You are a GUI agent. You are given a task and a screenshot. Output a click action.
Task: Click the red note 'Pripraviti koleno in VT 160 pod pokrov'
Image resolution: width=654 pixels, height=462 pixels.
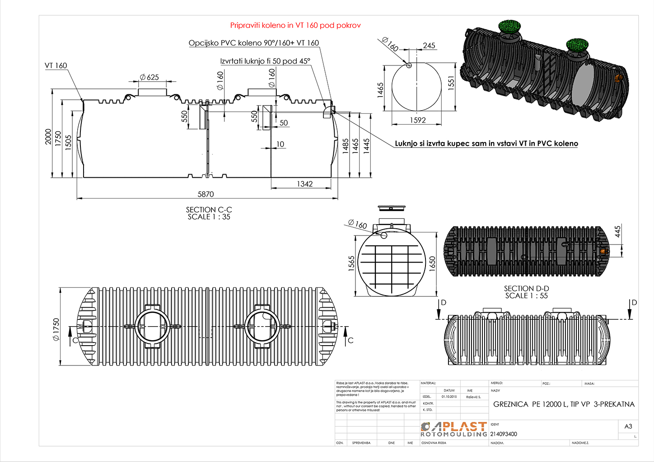tap(295, 25)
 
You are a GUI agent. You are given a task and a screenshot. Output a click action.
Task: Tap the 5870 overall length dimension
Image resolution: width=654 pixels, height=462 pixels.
tap(206, 194)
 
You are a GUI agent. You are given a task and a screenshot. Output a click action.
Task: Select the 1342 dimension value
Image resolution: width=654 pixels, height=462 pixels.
tap(305, 184)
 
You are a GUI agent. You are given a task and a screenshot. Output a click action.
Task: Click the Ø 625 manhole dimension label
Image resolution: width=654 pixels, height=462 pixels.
tap(149, 77)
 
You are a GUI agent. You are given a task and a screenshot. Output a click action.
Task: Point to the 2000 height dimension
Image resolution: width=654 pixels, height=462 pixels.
tap(48, 137)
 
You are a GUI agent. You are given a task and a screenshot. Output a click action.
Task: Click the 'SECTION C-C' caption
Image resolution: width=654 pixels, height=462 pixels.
tap(209, 210)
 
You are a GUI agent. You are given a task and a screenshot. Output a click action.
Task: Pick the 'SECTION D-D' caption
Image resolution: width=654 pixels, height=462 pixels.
tap(526, 288)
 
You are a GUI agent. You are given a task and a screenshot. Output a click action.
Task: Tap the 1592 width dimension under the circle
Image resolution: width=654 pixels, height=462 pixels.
tap(418, 120)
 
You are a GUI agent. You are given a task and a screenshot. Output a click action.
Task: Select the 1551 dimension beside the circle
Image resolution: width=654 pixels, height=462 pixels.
tap(451, 83)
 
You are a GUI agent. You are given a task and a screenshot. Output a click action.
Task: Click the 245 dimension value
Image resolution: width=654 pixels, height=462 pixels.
tap(429, 46)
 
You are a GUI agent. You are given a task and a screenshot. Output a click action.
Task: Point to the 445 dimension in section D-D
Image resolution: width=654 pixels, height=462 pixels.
tap(618, 231)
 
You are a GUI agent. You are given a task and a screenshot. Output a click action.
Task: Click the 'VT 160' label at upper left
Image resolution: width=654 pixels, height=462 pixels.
tap(56, 65)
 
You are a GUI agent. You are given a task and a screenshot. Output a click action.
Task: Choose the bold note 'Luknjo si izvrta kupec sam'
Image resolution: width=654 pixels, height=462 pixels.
tap(486, 143)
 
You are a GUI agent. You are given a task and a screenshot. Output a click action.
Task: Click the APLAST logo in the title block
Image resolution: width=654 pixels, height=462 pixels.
tap(454, 429)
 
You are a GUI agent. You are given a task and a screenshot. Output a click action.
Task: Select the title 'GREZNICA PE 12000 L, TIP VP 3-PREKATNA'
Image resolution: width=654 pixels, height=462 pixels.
tap(564, 404)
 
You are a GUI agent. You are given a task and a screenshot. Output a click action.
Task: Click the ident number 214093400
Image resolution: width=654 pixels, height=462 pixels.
tap(504, 434)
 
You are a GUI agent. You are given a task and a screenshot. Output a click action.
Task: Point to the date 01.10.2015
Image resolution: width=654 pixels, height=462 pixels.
tap(449, 397)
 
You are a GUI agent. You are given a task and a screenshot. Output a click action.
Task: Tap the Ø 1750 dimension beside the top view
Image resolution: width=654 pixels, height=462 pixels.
tap(56, 329)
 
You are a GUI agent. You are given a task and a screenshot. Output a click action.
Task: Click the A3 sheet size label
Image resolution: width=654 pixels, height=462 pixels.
tap(628, 426)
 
